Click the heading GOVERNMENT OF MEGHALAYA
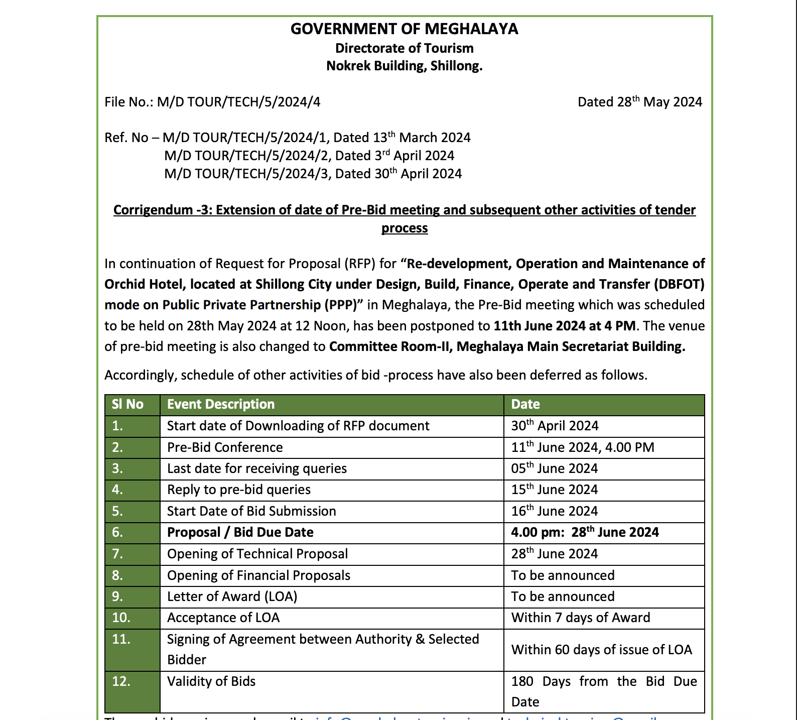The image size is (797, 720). tap(404, 29)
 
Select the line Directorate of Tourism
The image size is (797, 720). tap(404, 48)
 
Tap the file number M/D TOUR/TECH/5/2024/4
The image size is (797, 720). tap(238, 102)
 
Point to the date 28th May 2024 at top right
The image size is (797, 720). tap(639, 102)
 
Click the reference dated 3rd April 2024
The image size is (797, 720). tap(309, 156)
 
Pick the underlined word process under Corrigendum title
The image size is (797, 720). tap(404, 228)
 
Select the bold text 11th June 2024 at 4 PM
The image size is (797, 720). tap(565, 326)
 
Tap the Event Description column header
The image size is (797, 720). tap(221, 404)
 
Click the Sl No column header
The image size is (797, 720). tap(127, 404)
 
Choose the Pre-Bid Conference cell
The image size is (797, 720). tap(225, 447)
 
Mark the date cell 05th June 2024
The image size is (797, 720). tap(554, 468)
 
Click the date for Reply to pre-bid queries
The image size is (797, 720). tap(554, 490)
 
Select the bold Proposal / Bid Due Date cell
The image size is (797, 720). tap(240, 532)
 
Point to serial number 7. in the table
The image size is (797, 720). tap(117, 554)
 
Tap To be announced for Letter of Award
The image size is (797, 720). tap(563, 596)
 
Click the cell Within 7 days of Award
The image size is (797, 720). tap(580, 618)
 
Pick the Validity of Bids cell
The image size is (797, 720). tap(211, 681)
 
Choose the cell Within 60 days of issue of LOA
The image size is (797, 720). tap(601, 650)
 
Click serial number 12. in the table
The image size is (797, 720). tap(121, 681)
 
